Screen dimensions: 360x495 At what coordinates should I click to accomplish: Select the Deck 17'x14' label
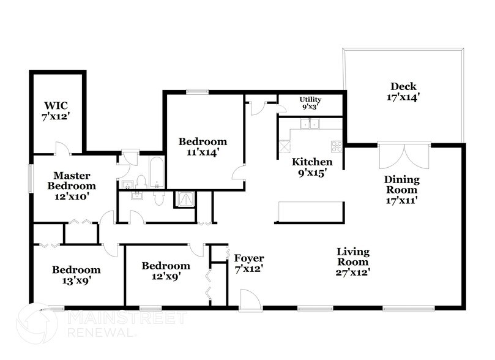[x=403, y=92]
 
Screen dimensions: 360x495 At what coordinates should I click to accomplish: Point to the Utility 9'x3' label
[x=310, y=103]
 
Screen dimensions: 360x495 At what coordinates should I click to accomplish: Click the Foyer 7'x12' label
[x=248, y=264]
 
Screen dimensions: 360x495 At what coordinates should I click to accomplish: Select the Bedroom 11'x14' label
[x=203, y=147]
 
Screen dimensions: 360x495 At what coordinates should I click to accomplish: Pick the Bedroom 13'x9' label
[x=76, y=275]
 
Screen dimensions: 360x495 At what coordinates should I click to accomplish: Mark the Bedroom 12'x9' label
[x=166, y=271]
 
